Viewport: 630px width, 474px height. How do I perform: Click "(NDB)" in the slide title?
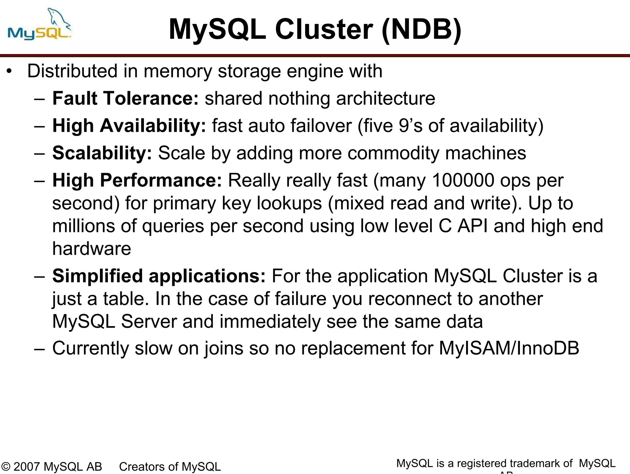tap(421, 30)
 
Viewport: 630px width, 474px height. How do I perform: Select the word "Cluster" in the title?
tap(324, 30)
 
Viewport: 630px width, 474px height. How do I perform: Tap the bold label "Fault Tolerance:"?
tap(126, 98)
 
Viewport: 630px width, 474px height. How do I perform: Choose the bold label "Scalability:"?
tap(102, 153)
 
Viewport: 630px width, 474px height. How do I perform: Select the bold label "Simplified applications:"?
tap(159, 276)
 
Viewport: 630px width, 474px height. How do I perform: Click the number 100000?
tap(463, 180)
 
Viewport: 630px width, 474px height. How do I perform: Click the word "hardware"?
tap(92, 249)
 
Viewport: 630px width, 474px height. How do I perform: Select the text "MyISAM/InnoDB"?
tap(509, 348)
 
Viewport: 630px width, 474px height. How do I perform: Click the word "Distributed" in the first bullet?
tap(72, 71)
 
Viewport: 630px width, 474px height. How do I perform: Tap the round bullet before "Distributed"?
tap(10, 71)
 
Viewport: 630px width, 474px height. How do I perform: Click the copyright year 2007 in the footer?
tap(26, 467)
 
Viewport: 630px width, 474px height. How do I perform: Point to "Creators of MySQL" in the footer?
tap(170, 467)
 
